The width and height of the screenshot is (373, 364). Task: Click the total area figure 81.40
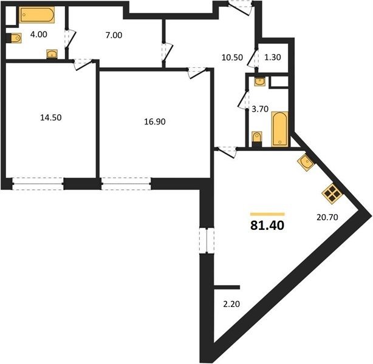(267, 225)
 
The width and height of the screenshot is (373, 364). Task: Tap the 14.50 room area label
(51, 117)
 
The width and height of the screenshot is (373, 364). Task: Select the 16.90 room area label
(155, 122)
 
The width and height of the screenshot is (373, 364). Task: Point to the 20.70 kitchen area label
(327, 217)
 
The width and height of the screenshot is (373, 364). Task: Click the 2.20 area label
(231, 304)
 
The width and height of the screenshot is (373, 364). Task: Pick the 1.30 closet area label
(273, 57)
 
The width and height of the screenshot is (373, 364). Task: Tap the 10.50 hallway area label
(232, 57)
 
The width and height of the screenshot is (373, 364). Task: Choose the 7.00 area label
(114, 35)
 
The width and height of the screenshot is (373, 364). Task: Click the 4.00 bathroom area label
(39, 35)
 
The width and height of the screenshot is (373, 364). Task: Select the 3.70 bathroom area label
(260, 109)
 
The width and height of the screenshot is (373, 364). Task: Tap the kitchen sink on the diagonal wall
(306, 163)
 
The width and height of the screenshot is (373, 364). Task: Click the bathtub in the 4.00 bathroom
(37, 15)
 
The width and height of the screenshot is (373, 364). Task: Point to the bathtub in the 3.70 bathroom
(279, 129)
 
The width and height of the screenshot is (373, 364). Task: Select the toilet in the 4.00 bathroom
(14, 38)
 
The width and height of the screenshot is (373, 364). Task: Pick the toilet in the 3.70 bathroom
(257, 138)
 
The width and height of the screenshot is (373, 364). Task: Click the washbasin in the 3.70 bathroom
(259, 82)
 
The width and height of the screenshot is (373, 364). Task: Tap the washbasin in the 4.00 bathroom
(52, 54)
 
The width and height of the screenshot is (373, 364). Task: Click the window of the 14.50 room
(38, 184)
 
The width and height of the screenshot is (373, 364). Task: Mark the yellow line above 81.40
(267, 214)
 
